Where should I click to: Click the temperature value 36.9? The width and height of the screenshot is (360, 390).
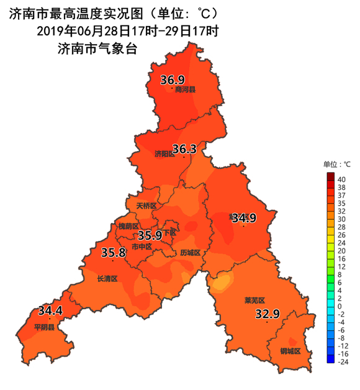coord(173,79)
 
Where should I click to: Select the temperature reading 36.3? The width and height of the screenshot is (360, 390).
coord(184,149)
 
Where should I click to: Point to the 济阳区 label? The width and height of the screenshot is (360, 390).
coord(164,154)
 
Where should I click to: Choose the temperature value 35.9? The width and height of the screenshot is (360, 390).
coord(150,235)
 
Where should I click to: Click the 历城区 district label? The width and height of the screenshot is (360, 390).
coord(191,253)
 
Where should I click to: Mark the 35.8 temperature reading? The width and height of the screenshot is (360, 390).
coord(113,252)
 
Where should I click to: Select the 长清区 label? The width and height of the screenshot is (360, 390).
coord(107,279)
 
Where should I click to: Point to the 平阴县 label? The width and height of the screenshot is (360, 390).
coord(45,327)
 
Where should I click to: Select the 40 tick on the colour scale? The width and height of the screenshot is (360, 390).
coord(341,178)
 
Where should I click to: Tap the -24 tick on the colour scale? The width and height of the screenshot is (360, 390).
coord(342,361)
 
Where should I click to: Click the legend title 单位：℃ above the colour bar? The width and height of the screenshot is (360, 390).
coord(337,164)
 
